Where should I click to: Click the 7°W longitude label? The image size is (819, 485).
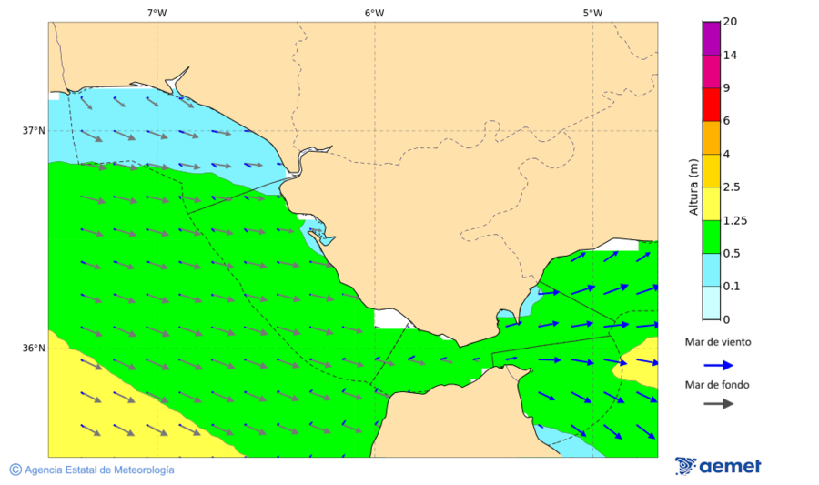coord(157,13)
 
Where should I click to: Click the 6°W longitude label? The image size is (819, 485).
coord(374,13)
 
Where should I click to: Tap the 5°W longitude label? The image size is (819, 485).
coord(592,13)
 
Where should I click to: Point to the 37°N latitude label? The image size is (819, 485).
coord(34,130)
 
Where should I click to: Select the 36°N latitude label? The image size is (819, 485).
coord(34,348)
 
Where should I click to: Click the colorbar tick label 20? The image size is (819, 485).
coord(730,22)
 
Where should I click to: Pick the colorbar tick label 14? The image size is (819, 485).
coord(730,55)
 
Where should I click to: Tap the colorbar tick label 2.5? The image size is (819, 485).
coord(731,187)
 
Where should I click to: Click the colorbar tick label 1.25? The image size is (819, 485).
coord(733,220)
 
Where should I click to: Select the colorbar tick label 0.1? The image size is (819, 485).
coord(731,286)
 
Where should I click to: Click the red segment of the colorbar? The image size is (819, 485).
coord(711,104)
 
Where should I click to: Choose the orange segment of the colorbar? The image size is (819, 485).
coord(711,136)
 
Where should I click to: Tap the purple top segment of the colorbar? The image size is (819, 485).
coord(711,37)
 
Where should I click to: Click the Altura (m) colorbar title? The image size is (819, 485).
coord(693,187)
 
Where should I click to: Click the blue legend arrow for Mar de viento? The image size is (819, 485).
coord(718,365)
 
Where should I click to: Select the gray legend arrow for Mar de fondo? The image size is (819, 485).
coord(718,402)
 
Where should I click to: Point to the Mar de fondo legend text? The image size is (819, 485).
coord(718,384)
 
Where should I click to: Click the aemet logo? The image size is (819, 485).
coord(718,466)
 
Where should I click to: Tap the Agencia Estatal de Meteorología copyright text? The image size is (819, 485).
coord(92,470)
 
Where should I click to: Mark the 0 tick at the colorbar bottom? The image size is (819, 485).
coord(725,319)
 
